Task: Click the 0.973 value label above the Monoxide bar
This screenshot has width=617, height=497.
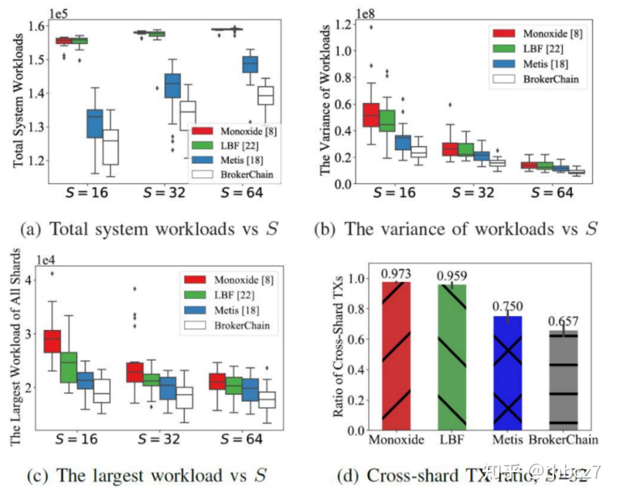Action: (396, 274)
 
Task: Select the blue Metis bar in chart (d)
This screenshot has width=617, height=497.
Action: (508, 373)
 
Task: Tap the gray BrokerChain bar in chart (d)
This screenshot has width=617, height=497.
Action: (563, 380)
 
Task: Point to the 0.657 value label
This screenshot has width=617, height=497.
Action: (563, 321)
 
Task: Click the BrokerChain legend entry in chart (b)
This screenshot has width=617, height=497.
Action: (550, 79)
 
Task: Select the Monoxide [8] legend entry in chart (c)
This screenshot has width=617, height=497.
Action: (243, 280)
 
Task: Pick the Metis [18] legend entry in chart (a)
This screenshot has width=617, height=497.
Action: (241, 160)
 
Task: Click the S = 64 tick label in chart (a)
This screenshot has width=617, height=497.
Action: (242, 193)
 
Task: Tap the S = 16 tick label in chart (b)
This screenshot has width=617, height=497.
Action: (394, 193)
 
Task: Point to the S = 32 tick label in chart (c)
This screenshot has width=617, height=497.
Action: (159, 439)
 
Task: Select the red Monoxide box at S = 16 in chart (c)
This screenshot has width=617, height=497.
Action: (52, 341)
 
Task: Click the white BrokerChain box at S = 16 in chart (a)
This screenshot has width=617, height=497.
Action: (110, 147)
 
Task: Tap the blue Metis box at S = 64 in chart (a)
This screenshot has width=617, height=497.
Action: (250, 65)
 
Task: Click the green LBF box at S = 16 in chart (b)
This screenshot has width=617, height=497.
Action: (387, 120)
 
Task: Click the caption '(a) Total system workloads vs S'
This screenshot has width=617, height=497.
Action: (149, 229)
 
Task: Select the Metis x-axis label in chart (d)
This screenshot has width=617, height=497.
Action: (507, 440)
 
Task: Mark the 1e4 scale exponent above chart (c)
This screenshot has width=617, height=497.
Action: (46, 260)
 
